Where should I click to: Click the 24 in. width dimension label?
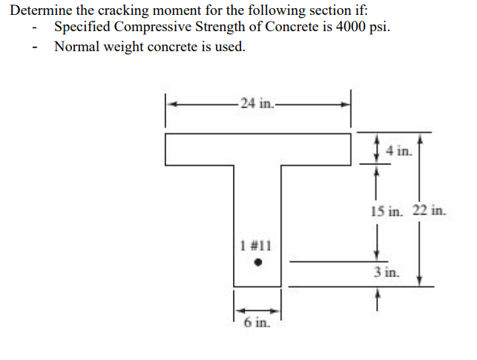point(257,104)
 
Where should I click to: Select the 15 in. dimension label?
point(386,211)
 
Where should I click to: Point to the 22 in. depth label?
point(430,211)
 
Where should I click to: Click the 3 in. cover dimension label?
point(386,272)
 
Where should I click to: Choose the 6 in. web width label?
point(257,322)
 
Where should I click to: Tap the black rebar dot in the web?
point(257,262)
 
